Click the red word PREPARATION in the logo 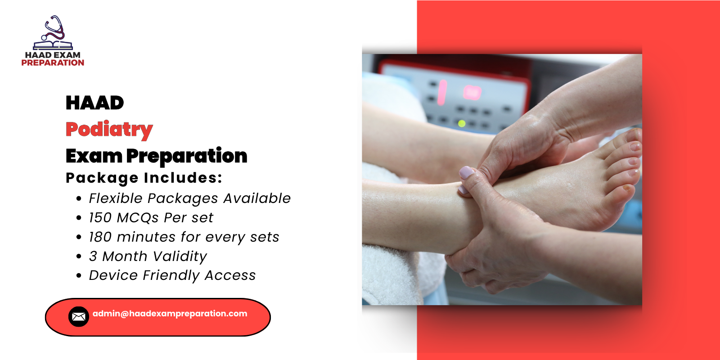[x=53, y=63]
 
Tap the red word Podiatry [x=109, y=130]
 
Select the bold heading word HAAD [x=94, y=103]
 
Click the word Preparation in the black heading [x=186, y=156]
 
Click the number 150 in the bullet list [x=100, y=218]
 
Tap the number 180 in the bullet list [x=100, y=237]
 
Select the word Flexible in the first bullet [x=116, y=198]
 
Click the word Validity [x=179, y=256]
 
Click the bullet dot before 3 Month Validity [x=79, y=256]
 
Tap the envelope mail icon [x=78, y=317]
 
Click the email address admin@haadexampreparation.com [x=170, y=314]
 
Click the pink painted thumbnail [x=466, y=173]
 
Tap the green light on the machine [x=461, y=123]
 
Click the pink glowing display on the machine [x=472, y=92]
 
